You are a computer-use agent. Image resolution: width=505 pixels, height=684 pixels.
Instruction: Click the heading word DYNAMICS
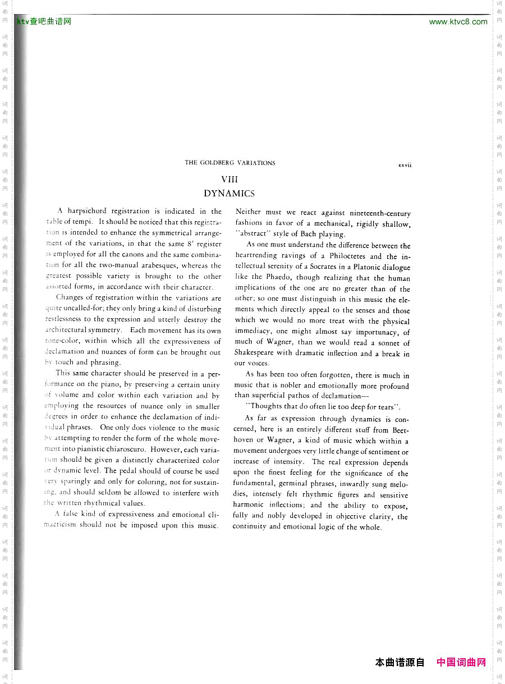pos(229,194)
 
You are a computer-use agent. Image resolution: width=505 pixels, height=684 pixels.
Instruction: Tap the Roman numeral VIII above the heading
pos(229,180)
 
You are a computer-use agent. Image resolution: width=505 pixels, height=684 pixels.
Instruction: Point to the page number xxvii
pos(405,165)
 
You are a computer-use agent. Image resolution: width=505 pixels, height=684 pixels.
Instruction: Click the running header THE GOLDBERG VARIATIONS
pos(230,163)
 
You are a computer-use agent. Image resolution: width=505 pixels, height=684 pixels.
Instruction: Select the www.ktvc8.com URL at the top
pos(458,22)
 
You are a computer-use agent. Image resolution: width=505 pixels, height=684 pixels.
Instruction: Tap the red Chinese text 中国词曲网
pos(461,662)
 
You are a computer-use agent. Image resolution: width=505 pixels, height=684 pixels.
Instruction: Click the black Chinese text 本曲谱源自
pos(400,662)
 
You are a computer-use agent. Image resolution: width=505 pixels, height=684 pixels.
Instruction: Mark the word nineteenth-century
pos(380,213)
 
